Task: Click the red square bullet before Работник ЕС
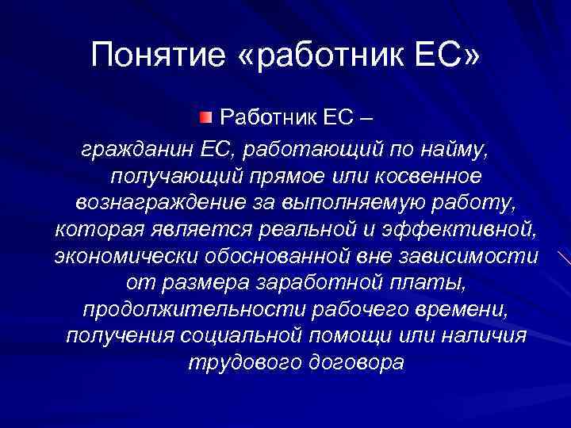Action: (205, 118)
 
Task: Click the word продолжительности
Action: (181, 308)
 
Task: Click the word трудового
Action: (236, 362)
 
